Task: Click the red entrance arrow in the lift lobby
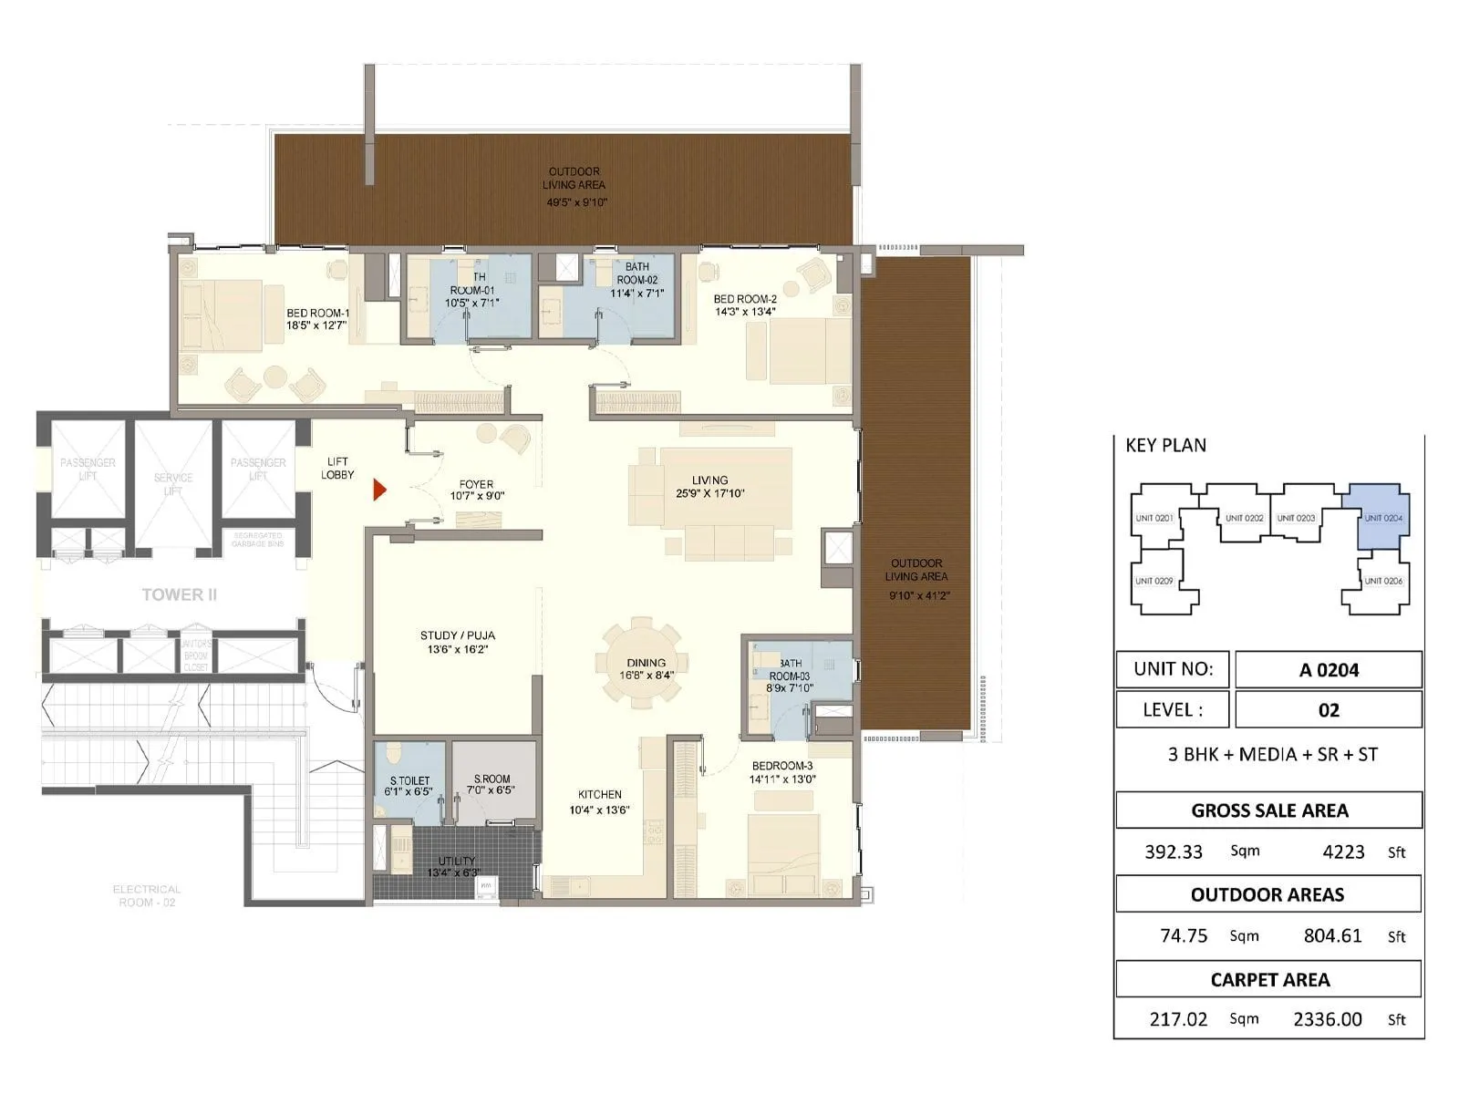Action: coord(379,490)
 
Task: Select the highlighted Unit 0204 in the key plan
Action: coord(1381,518)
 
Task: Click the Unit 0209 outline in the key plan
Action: coord(1154,582)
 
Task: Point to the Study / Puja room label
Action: coord(457,643)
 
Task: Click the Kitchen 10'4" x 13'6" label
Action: coord(599,802)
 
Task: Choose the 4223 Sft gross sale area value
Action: coord(1343,851)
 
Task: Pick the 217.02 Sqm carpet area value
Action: coord(1178,1019)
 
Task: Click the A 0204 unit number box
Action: coord(1328,670)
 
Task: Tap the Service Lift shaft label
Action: coord(173,484)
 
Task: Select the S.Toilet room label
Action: coord(409,786)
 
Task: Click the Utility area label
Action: coord(456,866)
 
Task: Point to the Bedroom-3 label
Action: coord(781,772)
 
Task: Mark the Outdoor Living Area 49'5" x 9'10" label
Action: coord(575,187)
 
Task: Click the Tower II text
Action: coord(179,594)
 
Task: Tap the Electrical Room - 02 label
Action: coord(146,895)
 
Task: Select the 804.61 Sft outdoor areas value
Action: coord(1332,935)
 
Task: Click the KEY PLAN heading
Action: coord(1165,445)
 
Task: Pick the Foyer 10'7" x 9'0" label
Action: coord(476,490)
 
